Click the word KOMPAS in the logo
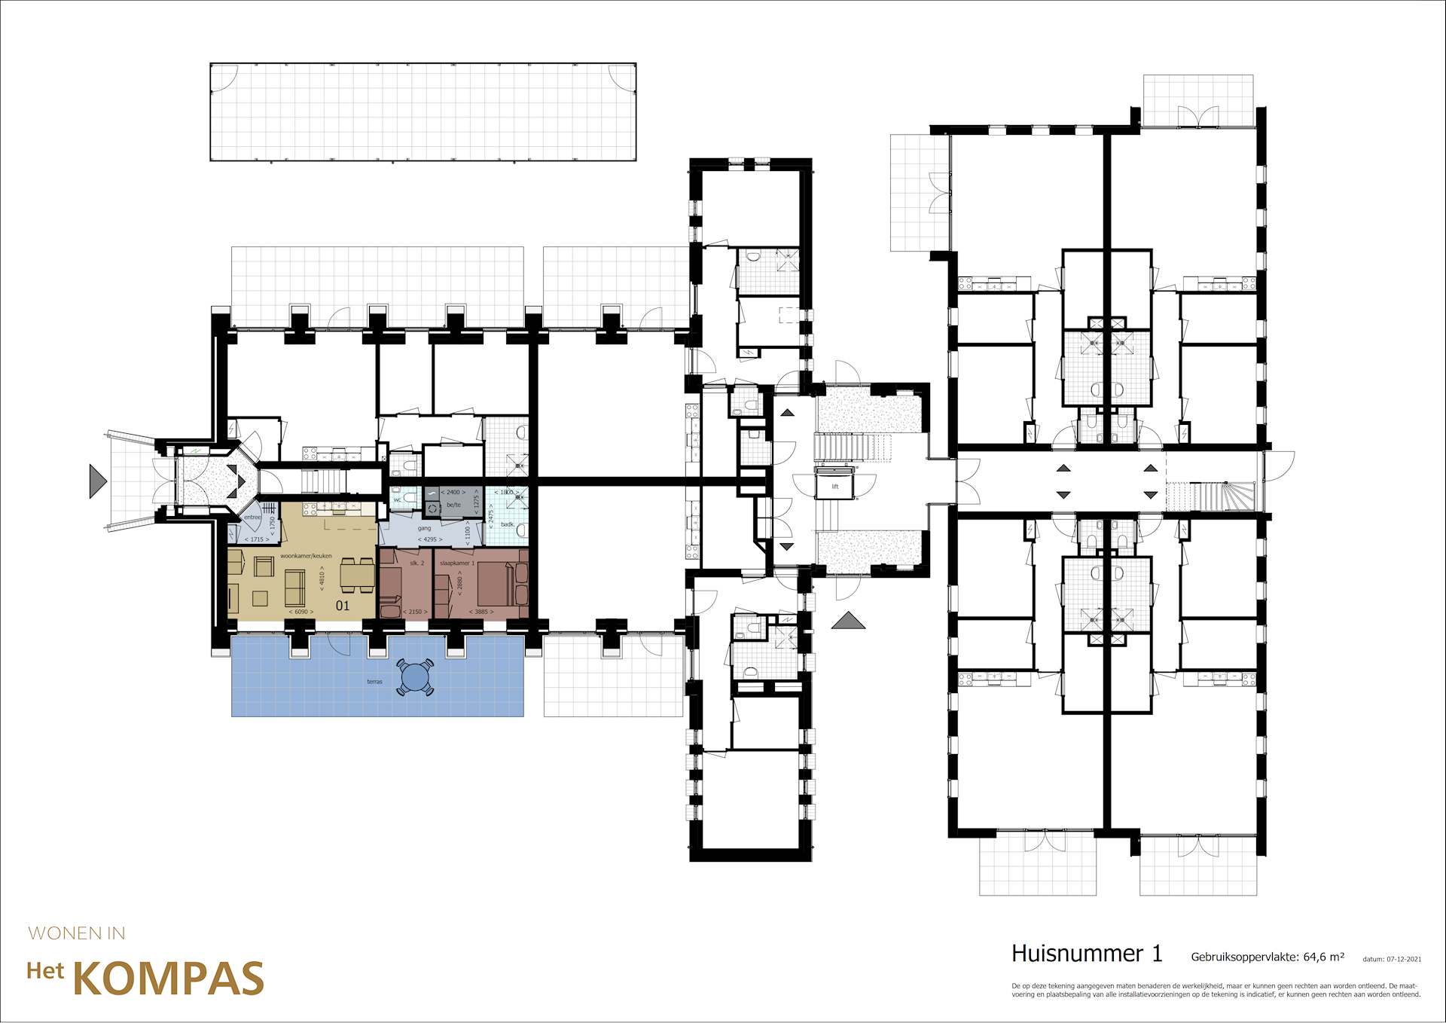(168, 979)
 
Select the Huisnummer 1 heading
(1086, 954)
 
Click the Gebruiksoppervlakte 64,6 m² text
(1267, 957)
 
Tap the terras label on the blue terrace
(374, 682)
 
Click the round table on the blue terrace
(415, 677)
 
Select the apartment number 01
(343, 606)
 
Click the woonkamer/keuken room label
(306, 556)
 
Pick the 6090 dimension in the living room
(301, 612)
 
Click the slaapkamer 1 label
(457, 563)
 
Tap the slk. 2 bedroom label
(416, 563)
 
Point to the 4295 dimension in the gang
(430, 539)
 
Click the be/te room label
(453, 505)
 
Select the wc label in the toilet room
(397, 500)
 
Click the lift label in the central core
(834, 487)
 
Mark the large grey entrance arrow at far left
(96, 481)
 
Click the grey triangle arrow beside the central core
(848, 621)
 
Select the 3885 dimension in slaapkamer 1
(481, 612)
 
